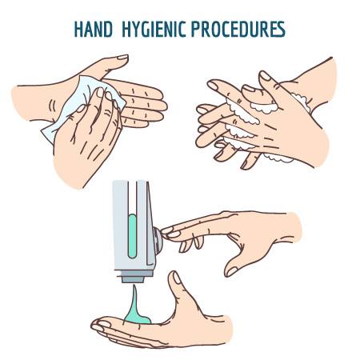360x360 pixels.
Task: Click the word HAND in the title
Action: tap(94, 29)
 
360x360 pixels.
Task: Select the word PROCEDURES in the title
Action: tap(238, 29)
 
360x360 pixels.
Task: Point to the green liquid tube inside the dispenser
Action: tap(132, 236)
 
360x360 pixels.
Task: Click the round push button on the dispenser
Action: tap(158, 241)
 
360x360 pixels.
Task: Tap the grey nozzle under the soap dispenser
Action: tap(133, 279)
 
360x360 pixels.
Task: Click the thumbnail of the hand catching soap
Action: tap(177, 278)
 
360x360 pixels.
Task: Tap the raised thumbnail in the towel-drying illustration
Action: tap(122, 57)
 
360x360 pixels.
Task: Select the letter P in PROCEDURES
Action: tap(196, 29)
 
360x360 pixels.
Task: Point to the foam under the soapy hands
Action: tap(278, 158)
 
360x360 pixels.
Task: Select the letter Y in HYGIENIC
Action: tap(137, 29)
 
